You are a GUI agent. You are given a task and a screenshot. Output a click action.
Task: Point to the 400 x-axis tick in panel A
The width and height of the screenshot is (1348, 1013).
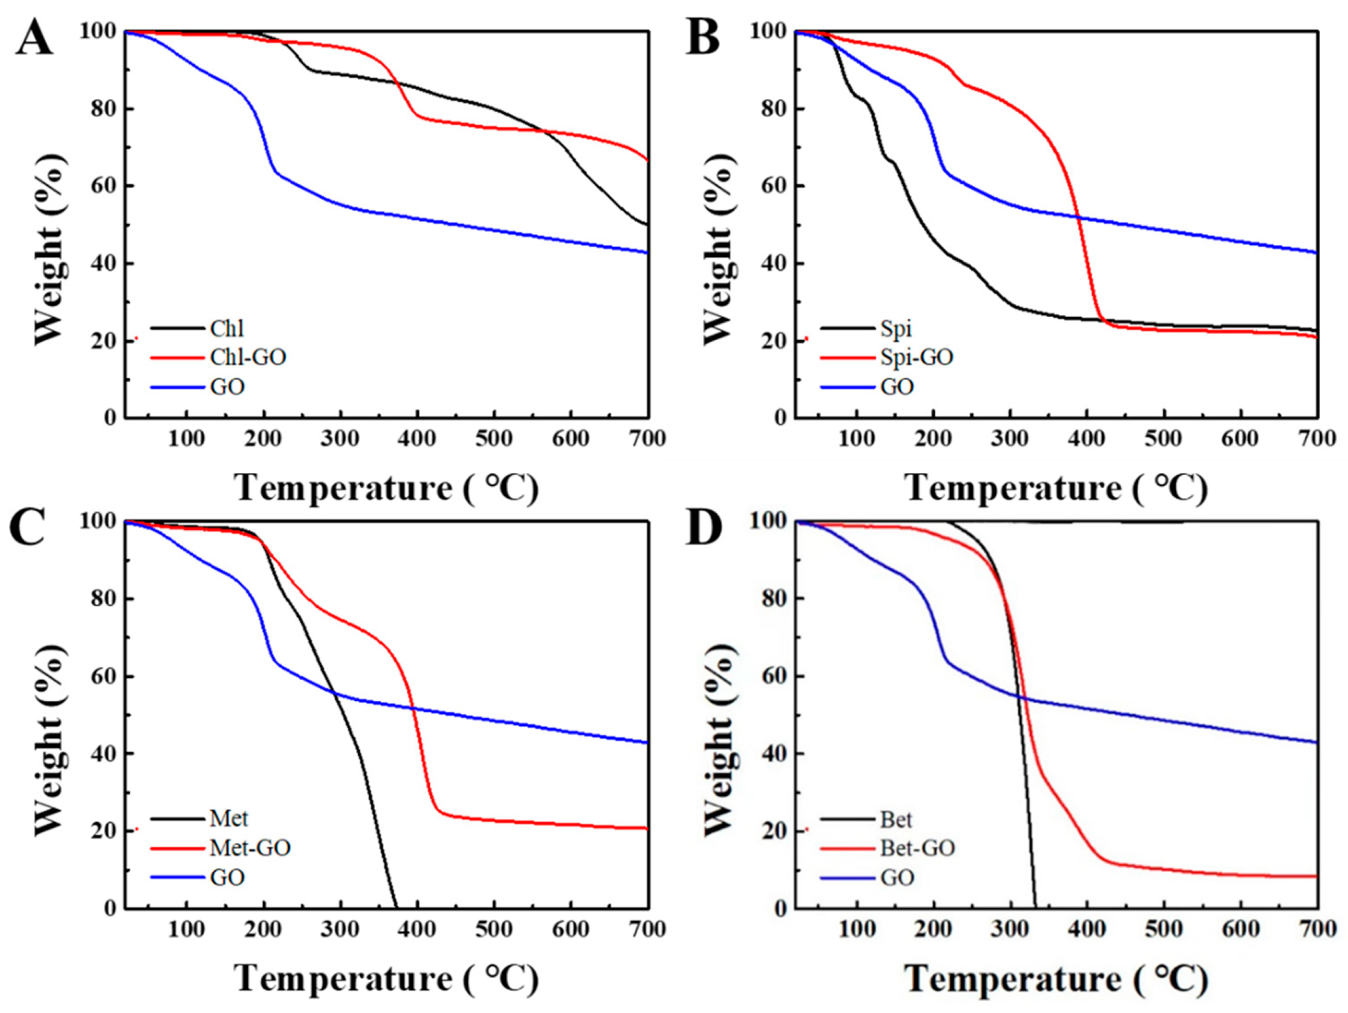(417, 439)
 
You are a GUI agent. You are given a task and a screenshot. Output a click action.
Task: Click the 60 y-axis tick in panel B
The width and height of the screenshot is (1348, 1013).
(774, 186)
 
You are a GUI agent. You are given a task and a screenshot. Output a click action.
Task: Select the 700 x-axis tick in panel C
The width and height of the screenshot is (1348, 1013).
(647, 929)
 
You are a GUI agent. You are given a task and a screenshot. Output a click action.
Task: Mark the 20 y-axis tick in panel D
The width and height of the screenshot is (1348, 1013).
(774, 831)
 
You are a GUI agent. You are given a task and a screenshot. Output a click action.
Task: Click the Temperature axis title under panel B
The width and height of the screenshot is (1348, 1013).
(1056, 488)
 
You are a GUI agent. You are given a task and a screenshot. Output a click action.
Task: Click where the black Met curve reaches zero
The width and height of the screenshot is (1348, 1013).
(396, 907)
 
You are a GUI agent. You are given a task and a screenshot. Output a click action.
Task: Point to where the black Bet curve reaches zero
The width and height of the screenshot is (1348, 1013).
(1035, 907)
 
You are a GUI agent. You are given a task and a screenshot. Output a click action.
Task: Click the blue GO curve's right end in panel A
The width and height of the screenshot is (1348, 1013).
(647, 253)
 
